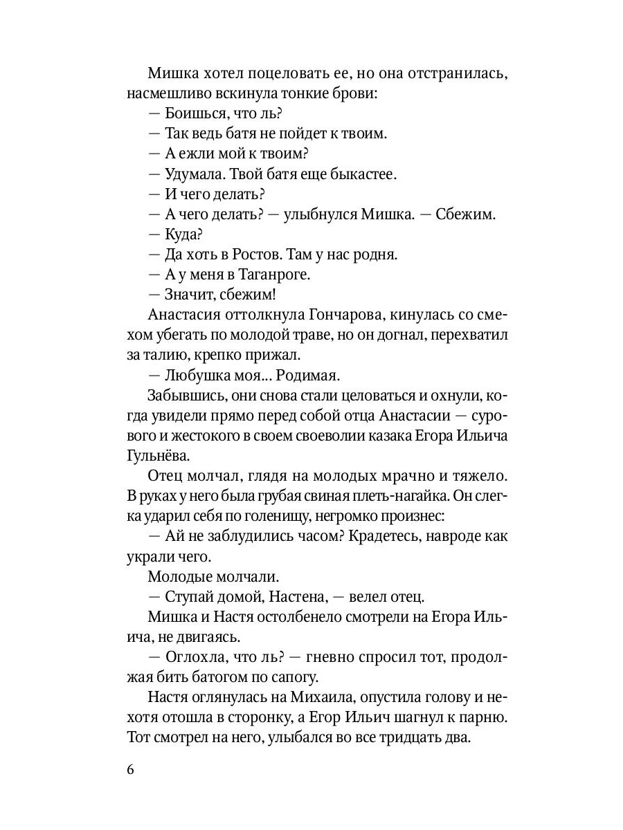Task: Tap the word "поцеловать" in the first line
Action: coord(271,73)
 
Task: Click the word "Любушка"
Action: coord(201,375)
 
